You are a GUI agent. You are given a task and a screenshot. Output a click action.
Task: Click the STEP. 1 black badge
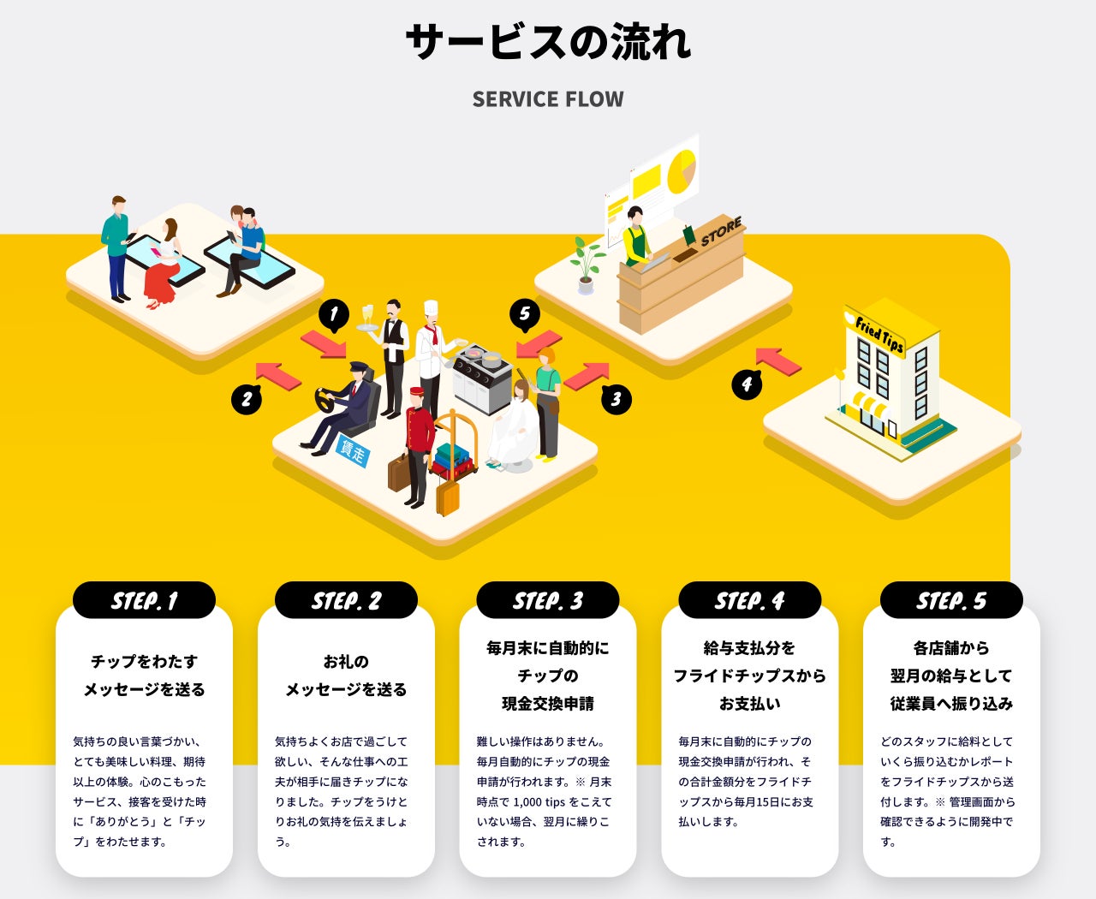(144, 600)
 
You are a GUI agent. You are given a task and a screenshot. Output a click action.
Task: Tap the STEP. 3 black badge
(548, 600)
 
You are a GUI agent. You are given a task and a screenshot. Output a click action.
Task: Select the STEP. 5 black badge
(951, 600)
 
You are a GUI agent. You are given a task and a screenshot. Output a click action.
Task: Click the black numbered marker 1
(334, 314)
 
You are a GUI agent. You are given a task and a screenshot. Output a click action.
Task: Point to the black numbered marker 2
(247, 398)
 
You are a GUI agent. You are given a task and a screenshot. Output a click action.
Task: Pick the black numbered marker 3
(616, 398)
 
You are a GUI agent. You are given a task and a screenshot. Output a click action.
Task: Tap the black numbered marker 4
(747, 384)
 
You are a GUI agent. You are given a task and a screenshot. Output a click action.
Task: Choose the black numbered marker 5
(525, 314)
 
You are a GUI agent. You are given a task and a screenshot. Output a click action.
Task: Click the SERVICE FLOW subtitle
(548, 99)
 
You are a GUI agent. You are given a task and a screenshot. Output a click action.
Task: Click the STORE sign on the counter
(721, 232)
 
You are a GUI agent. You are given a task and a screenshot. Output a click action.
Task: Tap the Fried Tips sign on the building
(879, 334)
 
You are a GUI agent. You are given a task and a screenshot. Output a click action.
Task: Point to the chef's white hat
(431, 308)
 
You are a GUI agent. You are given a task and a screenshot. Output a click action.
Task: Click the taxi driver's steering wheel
(325, 400)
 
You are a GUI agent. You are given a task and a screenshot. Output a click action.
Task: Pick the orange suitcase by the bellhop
(448, 497)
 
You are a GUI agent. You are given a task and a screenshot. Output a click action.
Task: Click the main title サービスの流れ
(548, 41)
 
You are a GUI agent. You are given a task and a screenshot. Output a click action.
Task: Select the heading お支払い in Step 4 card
(749, 704)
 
